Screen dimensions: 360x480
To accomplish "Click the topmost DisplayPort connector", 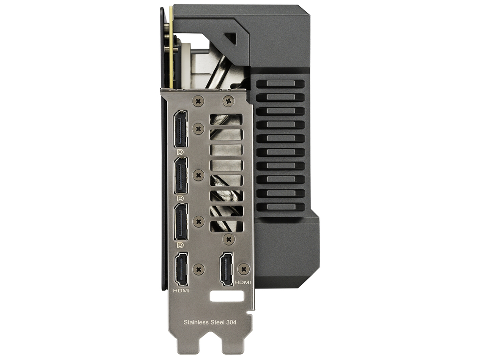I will [180, 129].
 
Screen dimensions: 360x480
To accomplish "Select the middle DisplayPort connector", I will [180, 176].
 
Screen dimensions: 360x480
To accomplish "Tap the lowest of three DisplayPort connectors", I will [180, 222].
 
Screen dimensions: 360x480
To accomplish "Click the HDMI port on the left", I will [181, 269].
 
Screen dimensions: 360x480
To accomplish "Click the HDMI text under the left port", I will [181, 291].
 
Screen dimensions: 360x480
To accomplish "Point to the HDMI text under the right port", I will [243, 282].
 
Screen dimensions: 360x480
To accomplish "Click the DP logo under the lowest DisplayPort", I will [180, 245].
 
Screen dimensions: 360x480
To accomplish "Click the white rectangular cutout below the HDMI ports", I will [227, 296].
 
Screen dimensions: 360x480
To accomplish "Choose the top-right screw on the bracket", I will [229, 101].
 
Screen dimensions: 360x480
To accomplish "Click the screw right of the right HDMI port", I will [243, 268].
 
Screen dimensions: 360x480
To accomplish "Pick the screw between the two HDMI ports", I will [198, 268].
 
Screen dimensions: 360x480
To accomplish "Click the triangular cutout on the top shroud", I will [231, 39].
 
